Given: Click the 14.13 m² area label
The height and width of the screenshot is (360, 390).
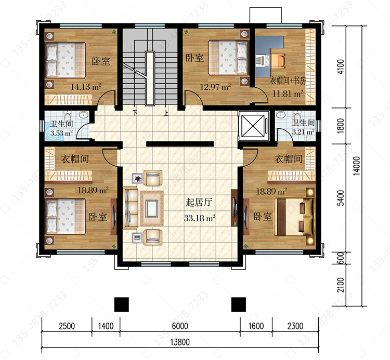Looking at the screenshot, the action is [x=86, y=87].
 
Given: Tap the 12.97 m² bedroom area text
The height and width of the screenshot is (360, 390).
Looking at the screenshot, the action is [x=215, y=87].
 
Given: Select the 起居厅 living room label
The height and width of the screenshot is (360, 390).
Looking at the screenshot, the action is [x=199, y=203].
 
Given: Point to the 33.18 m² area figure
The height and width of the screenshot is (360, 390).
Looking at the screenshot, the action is [x=200, y=218].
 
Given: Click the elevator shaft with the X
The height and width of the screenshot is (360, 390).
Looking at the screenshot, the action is [x=253, y=126].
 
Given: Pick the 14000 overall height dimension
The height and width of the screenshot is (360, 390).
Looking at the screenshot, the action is [x=356, y=166].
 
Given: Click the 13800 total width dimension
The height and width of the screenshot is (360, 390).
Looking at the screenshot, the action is [x=180, y=342].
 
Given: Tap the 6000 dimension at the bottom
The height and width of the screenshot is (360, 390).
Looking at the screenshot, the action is [x=180, y=326].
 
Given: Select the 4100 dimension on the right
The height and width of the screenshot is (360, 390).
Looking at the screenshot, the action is [x=341, y=66].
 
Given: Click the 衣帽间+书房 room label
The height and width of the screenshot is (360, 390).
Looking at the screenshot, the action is [x=288, y=81].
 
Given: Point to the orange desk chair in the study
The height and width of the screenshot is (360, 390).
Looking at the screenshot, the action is [x=278, y=61].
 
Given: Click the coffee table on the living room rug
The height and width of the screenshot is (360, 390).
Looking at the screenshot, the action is [x=152, y=208].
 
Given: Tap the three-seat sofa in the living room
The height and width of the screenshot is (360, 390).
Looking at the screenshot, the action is [x=131, y=208].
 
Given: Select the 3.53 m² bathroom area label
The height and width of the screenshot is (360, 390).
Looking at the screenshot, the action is [x=61, y=133].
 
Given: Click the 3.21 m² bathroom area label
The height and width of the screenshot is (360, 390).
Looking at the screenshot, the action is [x=303, y=131].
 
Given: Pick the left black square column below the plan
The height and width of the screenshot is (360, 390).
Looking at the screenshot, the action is [x=121, y=304].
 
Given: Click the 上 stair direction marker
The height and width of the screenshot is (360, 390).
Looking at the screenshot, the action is [x=166, y=113].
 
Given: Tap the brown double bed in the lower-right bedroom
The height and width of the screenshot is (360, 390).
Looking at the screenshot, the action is [x=294, y=217].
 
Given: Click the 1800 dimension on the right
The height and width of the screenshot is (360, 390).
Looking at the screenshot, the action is [x=341, y=126].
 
